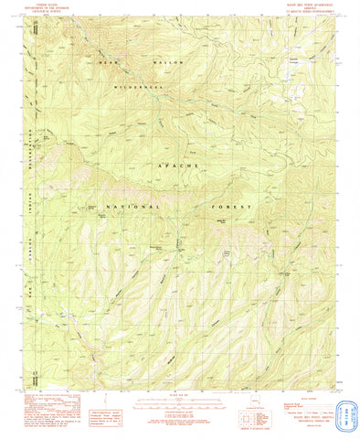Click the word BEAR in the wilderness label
pyautogui.click(x=110, y=61)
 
